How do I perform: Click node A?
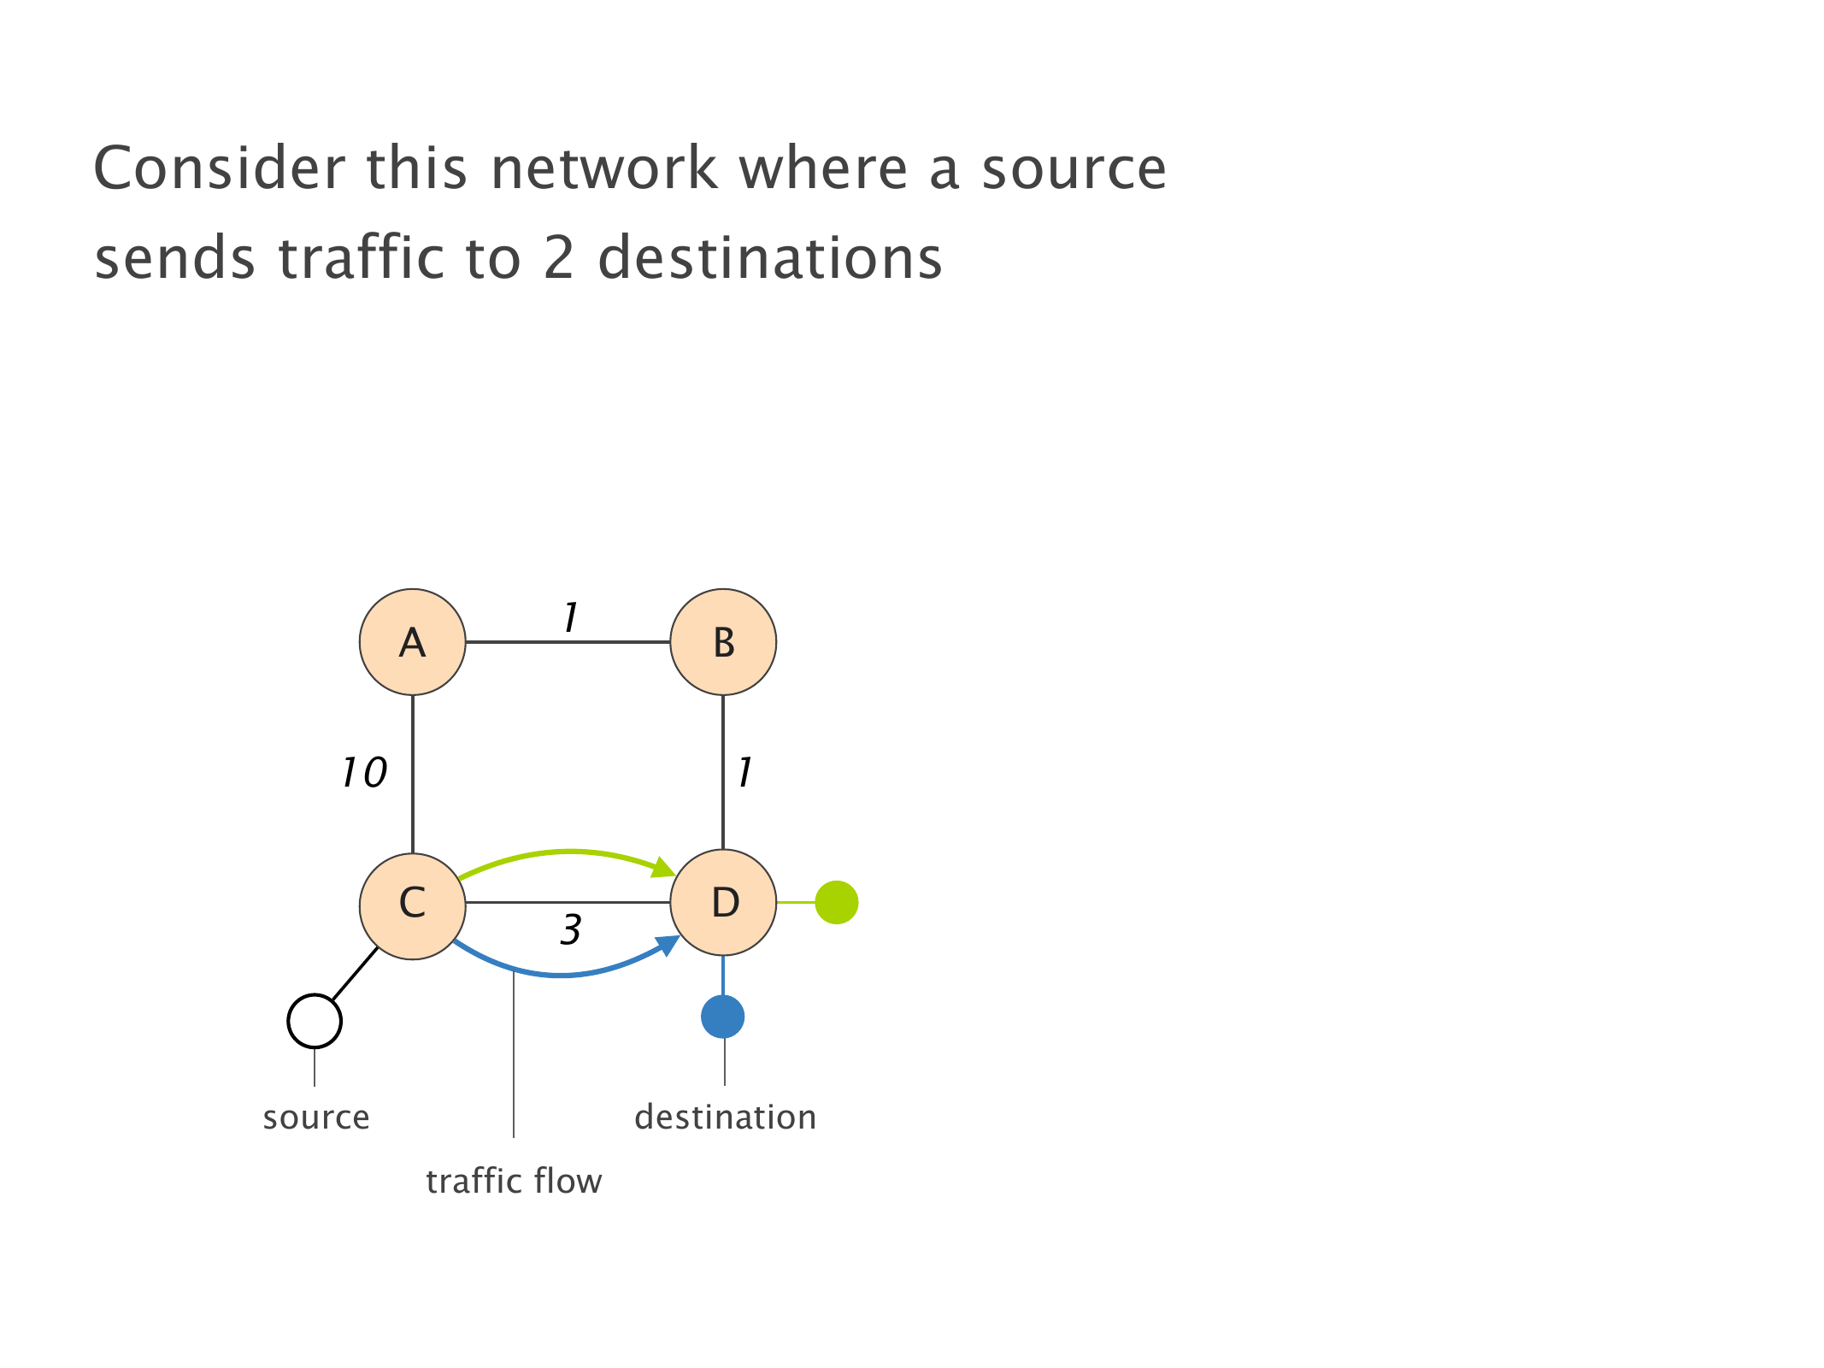412,642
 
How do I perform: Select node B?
723,642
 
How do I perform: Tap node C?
412,902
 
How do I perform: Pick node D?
723,902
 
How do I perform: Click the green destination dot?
836,902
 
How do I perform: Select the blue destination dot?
723,1017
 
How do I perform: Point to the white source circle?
315,1021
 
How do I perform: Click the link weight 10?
364,773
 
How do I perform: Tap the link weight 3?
571,930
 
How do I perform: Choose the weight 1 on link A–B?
571,617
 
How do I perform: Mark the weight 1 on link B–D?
745,773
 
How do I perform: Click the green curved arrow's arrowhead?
664,868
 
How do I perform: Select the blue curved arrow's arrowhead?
668,945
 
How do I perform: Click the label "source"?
316,1117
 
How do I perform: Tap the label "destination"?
725,1117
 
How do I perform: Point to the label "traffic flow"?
514,1182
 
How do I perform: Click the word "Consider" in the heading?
219,168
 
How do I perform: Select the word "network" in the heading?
603,168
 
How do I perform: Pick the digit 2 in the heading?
558,258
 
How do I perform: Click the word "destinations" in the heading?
769,258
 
